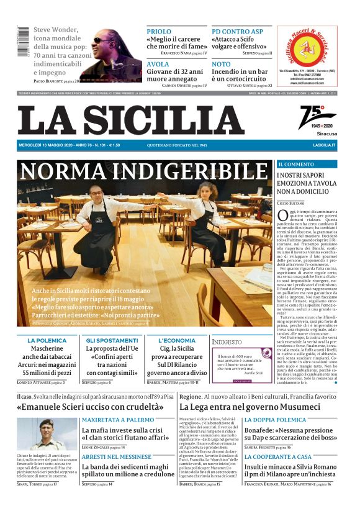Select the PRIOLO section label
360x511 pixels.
[158, 31]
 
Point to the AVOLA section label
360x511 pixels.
[157, 64]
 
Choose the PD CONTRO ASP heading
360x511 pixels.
[237, 31]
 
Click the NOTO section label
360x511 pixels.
[220, 64]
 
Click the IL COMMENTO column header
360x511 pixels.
[295, 165]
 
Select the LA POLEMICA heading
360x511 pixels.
[47, 340]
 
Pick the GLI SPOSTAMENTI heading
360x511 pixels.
[112, 340]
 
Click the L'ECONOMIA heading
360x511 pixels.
[177, 340]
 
